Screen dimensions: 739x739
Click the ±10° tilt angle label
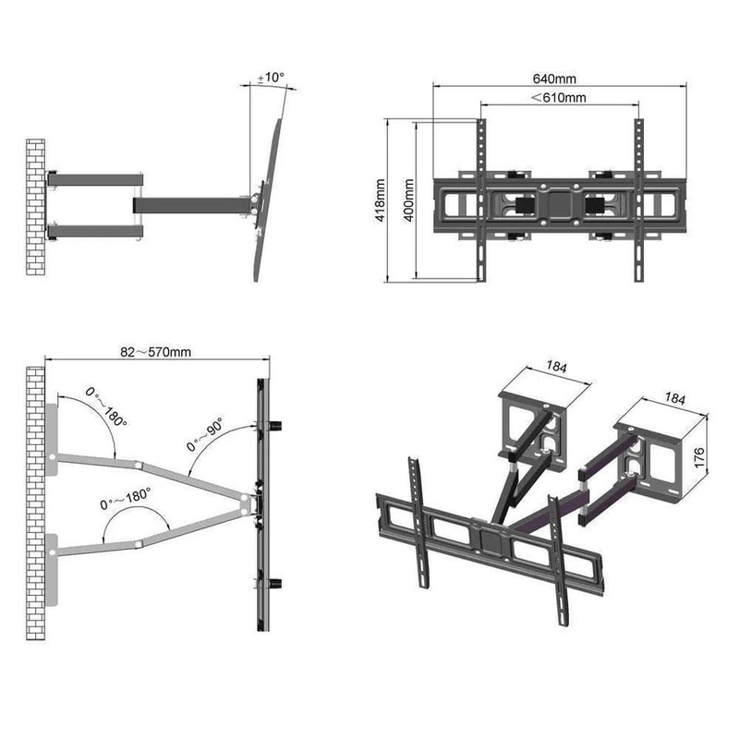coord(272,77)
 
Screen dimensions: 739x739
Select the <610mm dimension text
coord(558,97)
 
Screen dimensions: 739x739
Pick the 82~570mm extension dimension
coord(156,352)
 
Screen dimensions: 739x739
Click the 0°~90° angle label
coord(205,434)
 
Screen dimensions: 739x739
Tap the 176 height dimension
coord(699,456)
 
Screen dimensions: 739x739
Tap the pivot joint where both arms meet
coord(247,503)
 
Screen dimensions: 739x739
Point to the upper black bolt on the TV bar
coord(274,427)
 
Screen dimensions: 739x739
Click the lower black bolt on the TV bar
coord(274,583)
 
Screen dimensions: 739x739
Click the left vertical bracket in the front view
coord(479,200)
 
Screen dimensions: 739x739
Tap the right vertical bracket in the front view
coord(637,200)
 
